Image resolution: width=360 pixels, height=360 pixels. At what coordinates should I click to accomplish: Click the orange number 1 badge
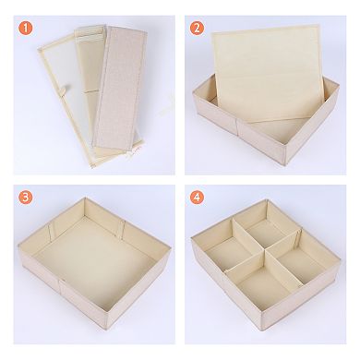point(26,29)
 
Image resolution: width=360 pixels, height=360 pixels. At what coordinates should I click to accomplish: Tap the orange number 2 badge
point(197,29)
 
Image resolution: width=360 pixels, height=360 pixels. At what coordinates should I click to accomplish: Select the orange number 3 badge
point(26,198)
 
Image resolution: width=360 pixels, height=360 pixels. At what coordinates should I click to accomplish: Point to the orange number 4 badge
point(197,198)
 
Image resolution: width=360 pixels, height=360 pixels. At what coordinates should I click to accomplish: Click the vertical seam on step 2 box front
point(237,129)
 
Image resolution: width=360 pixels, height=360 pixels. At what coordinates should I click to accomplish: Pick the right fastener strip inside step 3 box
point(122,229)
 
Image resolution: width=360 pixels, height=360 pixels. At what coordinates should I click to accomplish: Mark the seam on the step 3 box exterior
point(60,288)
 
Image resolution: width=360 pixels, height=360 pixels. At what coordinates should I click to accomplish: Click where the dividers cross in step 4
point(265,250)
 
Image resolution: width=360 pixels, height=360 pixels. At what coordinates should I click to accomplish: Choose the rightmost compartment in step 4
point(300,258)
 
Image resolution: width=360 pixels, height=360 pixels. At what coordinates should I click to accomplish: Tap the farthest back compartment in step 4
point(267,231)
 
